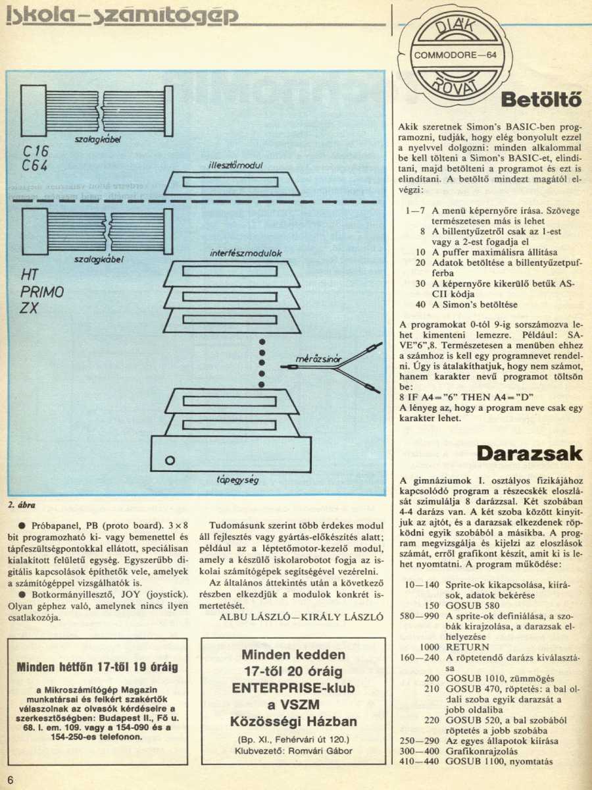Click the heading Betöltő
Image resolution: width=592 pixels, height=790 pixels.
point(541,101)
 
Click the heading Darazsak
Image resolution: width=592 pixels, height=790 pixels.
point(530,453)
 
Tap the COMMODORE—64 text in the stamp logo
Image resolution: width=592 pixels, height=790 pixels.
point(455,55)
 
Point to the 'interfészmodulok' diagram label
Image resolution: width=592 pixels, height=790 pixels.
point(227,253)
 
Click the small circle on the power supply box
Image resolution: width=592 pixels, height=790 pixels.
point(170,459)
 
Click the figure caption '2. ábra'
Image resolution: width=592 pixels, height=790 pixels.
point(20,505)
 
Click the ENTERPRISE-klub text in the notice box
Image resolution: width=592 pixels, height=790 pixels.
point(294,687)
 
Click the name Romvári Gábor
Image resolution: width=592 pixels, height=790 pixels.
point(324,750)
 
